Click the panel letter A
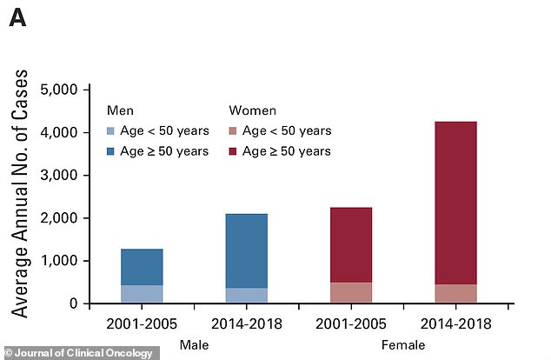(x=18, y=17)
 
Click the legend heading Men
(x=120, y=110)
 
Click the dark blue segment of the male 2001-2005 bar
(x=142, y=267)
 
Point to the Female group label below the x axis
(x=404, y=346)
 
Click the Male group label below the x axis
(x=196, y=346)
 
